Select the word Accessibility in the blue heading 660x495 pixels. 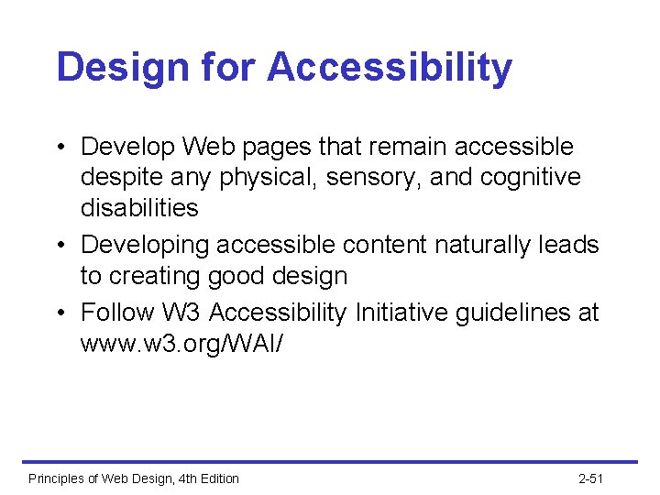390,69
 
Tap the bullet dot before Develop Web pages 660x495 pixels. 60,148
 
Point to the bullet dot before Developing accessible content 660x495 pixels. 60,246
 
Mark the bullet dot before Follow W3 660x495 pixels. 60,313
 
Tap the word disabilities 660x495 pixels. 139,208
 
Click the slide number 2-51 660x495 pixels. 591,478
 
